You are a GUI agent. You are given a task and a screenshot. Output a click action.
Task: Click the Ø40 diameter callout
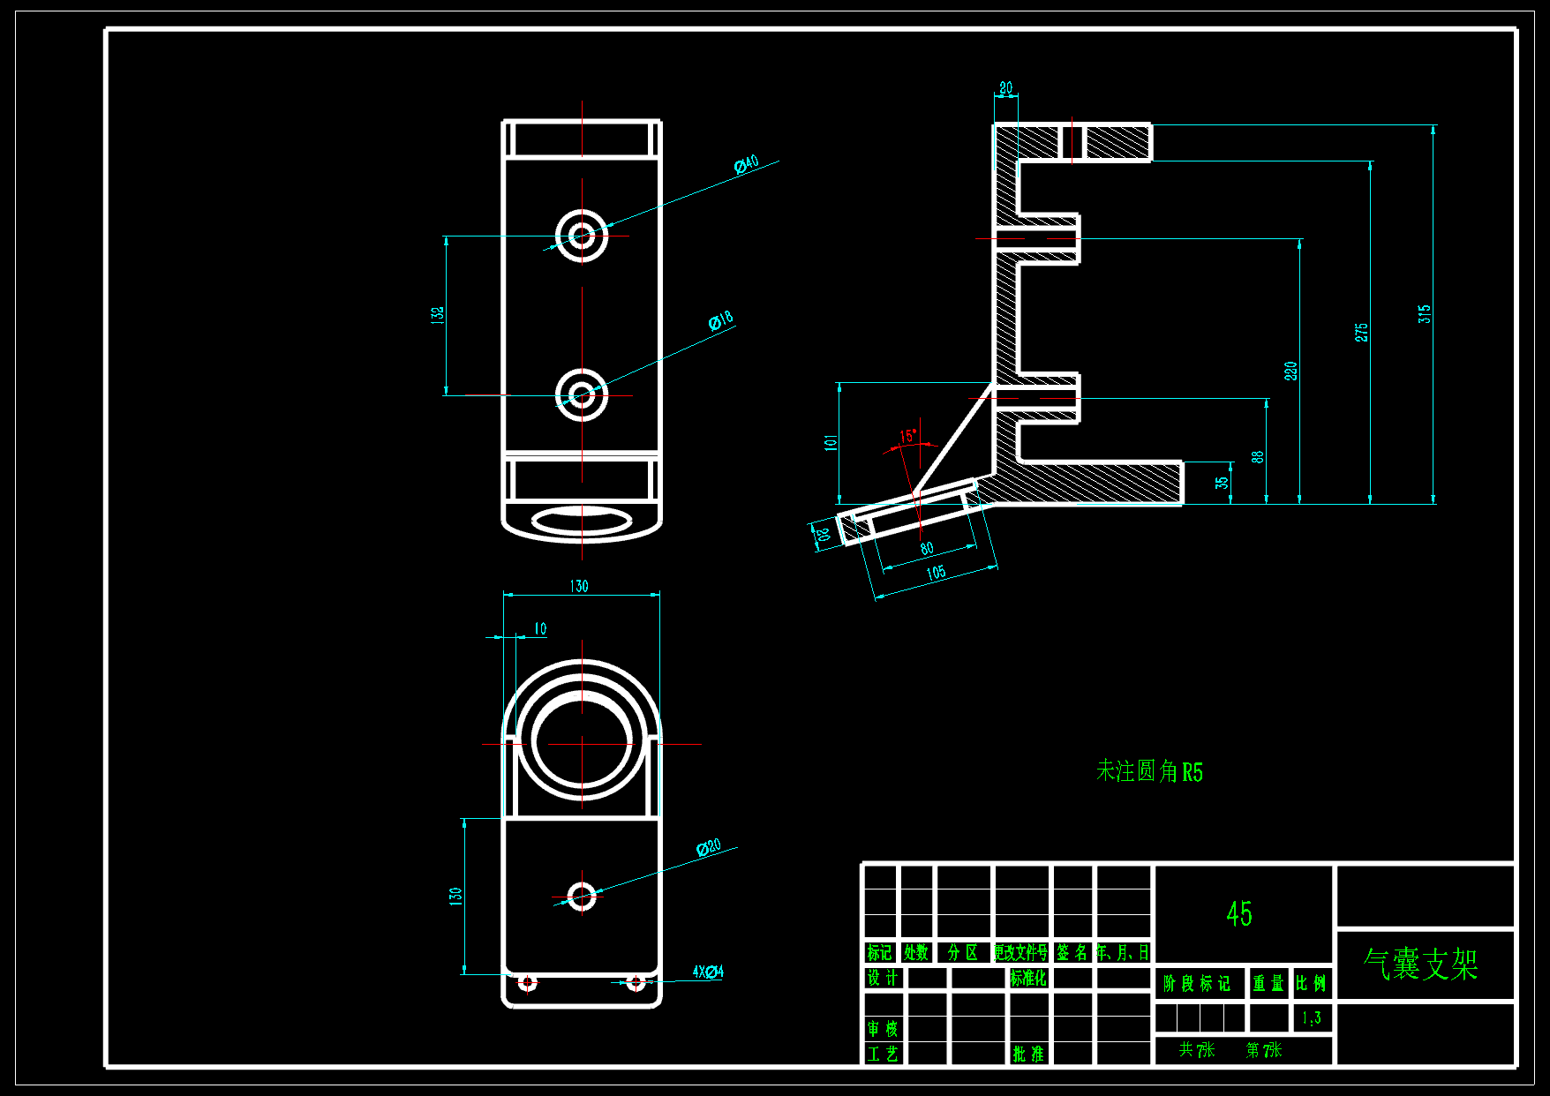click(746, 164)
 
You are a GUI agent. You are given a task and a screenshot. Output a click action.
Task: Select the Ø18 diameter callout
click(720, 321)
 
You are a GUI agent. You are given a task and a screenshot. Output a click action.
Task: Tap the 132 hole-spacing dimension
click(438, 315)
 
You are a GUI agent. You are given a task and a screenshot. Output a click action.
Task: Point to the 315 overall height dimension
click(1424, 314)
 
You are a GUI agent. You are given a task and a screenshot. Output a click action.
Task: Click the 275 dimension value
click(1361, 332)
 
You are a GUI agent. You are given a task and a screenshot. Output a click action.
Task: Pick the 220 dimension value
click(1290, 371)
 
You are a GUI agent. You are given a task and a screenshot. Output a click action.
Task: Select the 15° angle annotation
click(907, 436)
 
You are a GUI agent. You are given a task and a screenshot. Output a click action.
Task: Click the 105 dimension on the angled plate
click(936, 573)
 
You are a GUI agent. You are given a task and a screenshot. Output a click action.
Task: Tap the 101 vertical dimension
click(831, 442)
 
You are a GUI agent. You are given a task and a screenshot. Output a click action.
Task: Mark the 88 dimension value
click(1257, 456)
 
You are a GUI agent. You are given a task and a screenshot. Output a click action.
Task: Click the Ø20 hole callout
click(708, 848)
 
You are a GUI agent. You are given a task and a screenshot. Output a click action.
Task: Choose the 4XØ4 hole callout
click(707, 972)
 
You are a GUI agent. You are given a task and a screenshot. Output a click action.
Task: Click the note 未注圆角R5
click(1149, 772)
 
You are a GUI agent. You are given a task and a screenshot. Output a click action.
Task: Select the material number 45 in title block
click(1238, 914)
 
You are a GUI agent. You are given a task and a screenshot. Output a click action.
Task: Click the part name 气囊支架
click(1420, 964)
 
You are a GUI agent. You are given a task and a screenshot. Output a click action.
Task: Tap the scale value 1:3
click(1311, 1018)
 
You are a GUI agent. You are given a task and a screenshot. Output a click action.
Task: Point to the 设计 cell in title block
click(881, 978)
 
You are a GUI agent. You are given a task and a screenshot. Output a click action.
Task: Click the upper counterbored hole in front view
click(582, 236)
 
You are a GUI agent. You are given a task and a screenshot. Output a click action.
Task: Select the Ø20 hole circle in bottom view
click(582, 897)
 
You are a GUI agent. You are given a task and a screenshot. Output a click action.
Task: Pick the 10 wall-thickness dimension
click(540, 628)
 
